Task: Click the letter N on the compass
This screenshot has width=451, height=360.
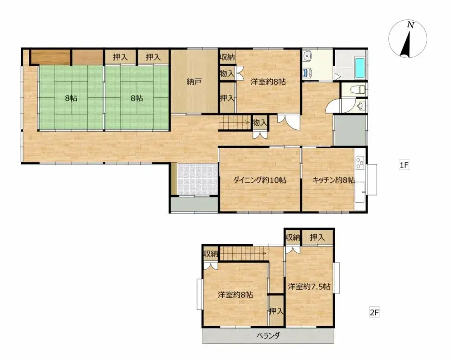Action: pos(410,26)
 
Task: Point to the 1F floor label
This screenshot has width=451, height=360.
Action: pos(403,165)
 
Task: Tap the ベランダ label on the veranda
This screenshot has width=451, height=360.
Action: pos(269,335)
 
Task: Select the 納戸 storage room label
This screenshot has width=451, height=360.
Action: pos(194,82)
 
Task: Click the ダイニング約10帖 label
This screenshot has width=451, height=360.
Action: pos(260,180)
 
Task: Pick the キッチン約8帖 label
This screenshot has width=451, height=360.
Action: pos(334,180)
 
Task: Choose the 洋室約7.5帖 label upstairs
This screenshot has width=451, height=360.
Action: pos(309,286)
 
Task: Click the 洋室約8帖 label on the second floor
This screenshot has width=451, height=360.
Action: pos(235,295)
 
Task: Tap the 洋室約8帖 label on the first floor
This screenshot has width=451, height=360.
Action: pos(268,82)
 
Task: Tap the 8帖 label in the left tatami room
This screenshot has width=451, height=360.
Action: pos(71,98)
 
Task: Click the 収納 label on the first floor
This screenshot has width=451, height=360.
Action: pos(227,57)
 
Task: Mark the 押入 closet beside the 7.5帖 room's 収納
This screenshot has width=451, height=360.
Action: pos(318,237)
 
